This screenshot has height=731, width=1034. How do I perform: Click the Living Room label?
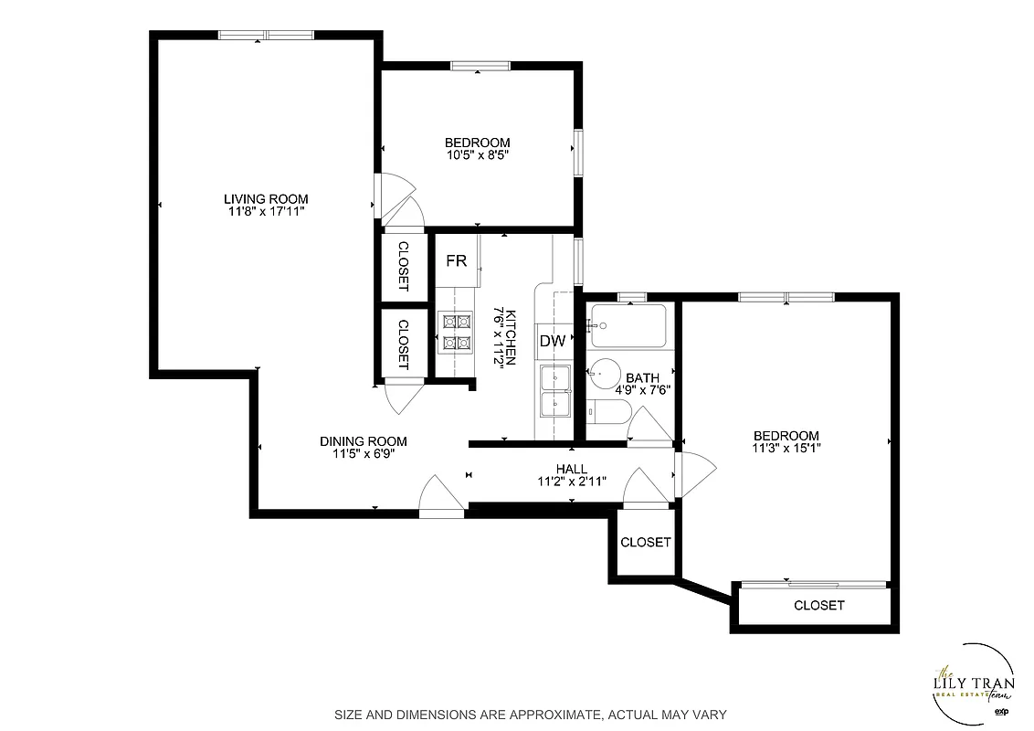[x=266, y=198]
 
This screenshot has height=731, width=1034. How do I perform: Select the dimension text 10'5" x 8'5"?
[x=476, y=155]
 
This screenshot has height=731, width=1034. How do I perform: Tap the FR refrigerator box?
[x=456, y=261]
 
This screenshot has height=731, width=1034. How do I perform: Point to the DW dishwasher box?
[x=552, y=341]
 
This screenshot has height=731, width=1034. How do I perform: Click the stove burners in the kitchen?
[x=456, y=332]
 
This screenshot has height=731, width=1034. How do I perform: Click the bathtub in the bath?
[x=628, y=326]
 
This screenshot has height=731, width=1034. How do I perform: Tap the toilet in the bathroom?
[x=606, y=411]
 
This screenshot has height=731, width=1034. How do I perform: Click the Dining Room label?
[x=363, y=441]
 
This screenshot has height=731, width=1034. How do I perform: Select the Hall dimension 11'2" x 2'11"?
[x=571, y=482]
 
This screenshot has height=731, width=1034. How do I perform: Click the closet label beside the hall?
[x=646, y=542]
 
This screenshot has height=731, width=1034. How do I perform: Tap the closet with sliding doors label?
[x=818, y=605]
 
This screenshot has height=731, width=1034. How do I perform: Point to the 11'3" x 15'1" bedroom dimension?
[x=786, y=449]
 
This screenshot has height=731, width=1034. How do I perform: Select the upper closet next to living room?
[x=403, y=264]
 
